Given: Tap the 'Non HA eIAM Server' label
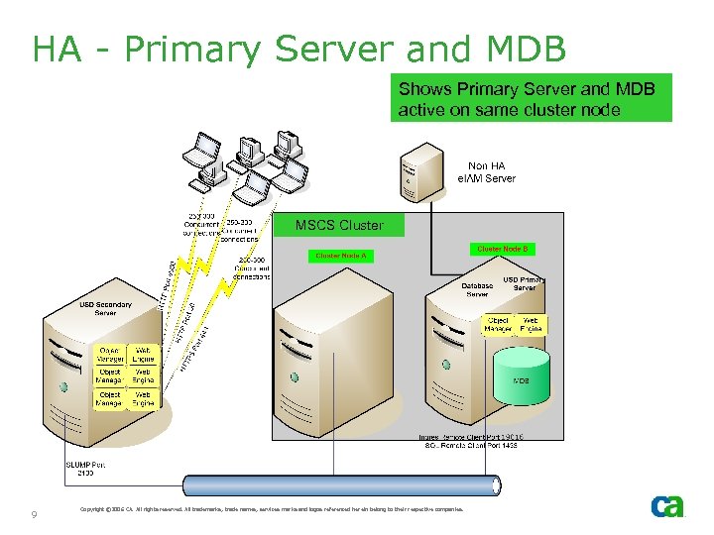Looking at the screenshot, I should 486,172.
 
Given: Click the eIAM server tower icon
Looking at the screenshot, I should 420,173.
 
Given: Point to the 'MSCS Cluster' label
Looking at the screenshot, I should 339,225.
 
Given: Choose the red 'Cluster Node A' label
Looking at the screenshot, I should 341,256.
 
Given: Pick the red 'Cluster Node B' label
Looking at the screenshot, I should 503,249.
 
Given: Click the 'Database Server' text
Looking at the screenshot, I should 477,290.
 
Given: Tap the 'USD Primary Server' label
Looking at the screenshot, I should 525,283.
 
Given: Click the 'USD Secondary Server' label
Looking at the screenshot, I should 105,308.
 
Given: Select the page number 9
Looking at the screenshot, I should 35,514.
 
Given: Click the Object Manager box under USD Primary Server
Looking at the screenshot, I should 499,325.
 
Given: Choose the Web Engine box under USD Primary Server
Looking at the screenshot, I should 531,325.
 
